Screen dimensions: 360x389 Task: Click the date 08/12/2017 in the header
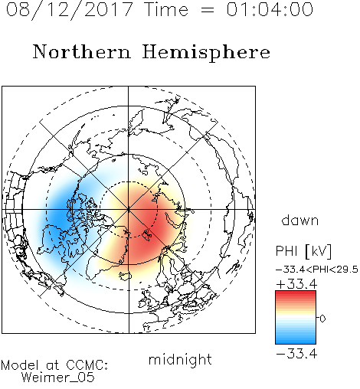click(x=70, y=10)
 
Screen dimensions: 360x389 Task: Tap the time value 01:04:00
click(x=270, y=9)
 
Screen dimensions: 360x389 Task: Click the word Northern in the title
click(x=82, y=52)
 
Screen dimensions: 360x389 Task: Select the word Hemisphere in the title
click(x=206, y=53)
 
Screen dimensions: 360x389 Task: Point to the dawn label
click(x=300, y=220)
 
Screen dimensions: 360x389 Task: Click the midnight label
click(x=180, y=359)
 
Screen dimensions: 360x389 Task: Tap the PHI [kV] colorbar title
click(x=303, y=251)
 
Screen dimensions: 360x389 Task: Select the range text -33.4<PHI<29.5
click(x=317, y=270)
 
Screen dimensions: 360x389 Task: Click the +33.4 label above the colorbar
click(x=296, y=284)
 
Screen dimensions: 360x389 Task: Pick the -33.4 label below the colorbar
click(x=296, y=354)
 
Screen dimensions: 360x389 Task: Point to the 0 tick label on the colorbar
click(x=322, y=319)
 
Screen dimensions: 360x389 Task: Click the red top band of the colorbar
click(x=296, y=293)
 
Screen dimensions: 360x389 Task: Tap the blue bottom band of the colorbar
click(x=296, y=341)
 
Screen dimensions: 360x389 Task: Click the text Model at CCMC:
click(x=54, y=365)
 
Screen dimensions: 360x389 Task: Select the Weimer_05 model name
click(x=58, y=378)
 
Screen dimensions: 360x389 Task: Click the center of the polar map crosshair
click(x=129, y=210)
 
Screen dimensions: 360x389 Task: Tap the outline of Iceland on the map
click(x=125, y=276)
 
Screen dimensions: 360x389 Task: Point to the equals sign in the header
click(x=207, y=10)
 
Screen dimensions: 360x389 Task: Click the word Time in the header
click(x=166, y=9)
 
